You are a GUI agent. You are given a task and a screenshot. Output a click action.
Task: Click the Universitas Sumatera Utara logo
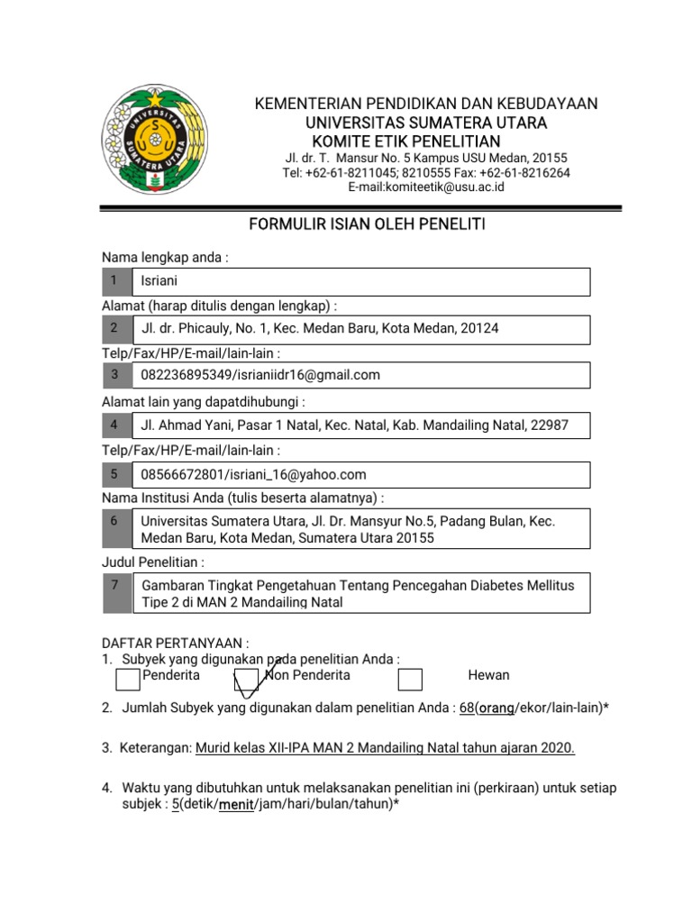(x=153, y=140)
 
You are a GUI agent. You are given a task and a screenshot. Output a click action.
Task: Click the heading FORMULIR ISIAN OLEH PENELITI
(x=367, y=224)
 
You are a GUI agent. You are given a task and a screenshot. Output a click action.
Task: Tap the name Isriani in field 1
(x=159, y=281)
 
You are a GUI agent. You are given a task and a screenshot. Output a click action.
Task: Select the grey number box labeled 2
(x=115, y=328)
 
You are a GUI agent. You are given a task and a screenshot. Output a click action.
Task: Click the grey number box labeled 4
(x=115, y=425)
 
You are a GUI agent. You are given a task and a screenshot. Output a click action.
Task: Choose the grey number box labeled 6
(x=115, y=528)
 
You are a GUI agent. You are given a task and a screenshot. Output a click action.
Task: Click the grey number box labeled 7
(x=115, y=592)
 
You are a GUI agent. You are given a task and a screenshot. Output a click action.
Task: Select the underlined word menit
(x=237, y=805)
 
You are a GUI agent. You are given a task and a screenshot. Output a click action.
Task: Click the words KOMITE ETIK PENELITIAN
(x=405, y=142)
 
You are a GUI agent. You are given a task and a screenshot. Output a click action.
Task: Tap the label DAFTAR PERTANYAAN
(x=172, y=644)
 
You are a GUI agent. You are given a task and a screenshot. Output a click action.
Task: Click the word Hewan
(x=488, y=675)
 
